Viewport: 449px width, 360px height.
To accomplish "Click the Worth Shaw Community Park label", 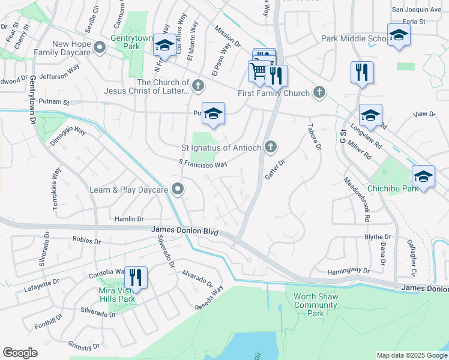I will coord(316,305).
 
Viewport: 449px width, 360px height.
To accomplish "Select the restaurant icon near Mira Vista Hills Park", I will coord(135,277).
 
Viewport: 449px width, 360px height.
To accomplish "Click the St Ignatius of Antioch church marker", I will coord(271,146).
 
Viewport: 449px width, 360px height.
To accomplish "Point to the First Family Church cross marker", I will coord(319,92).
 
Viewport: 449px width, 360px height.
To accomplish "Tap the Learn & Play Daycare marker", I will coord(178,190).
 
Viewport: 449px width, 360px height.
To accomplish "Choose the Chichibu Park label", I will coord(393,189).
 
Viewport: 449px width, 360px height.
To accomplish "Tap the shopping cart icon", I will coord(259,71).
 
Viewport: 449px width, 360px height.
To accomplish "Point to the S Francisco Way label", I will coord(203,163).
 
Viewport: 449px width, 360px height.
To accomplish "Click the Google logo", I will coord(20,353).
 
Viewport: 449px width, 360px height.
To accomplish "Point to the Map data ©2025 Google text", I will coord(411,355).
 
